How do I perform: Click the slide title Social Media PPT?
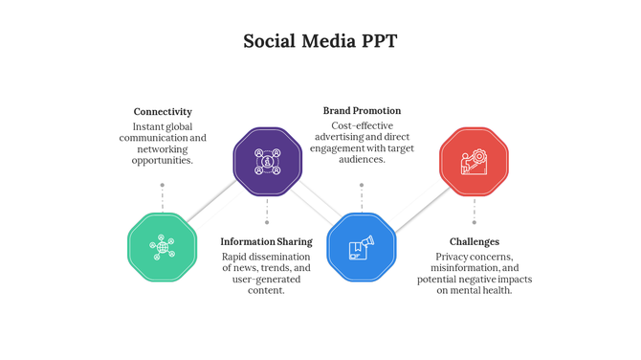point(320,41)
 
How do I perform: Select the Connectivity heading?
point(163,112)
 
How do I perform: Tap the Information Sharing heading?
point(266,242)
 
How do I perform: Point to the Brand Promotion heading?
point(362,111)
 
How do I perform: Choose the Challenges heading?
point(475,242)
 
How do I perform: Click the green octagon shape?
point(162,247)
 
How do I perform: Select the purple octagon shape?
point(268,161)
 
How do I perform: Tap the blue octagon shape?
point(362,247)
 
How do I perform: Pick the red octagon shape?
point(474,162)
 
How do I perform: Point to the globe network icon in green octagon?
point(162,247)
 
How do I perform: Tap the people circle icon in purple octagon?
point(268,161)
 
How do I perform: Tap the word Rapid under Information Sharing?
point(235,257)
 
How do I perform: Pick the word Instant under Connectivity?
point(147,126)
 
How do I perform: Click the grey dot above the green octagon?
point(163,185)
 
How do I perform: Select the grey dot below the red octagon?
point(474,223)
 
